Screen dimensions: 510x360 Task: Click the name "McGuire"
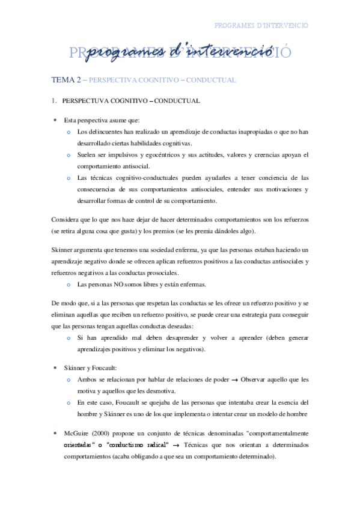[78, 433]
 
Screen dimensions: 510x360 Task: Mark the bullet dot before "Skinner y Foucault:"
[55, 367]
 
